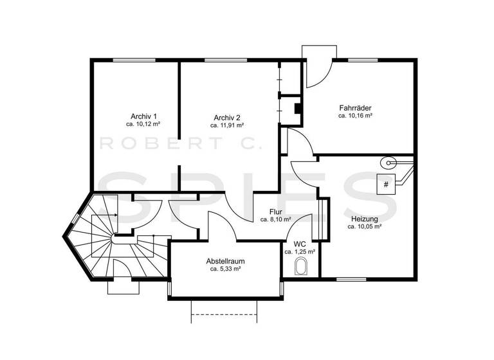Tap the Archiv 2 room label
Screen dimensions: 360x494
[x=228, y=118]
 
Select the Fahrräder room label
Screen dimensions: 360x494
[x=356, y=108]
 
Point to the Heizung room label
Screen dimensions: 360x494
[x=365, y=219]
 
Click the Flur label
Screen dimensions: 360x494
[x=276, y=211]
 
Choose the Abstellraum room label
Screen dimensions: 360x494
[x=225, y=261]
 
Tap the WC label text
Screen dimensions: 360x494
[x=300, y=244]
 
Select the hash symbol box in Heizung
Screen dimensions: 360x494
[x=386, y=184]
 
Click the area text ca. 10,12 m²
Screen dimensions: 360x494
[x=143, y=124]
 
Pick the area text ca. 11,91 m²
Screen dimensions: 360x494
[x=228, y=125]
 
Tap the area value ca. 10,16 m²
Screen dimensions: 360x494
[x=356, y=116]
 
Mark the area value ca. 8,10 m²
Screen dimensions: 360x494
[x=276, y=219]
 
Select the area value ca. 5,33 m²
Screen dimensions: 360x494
[x=225, y=269]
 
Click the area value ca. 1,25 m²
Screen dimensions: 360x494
[x=300, y=252]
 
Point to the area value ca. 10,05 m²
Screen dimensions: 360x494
[x=365, y=226]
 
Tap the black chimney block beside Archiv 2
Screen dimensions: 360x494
[x=298, y=107]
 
